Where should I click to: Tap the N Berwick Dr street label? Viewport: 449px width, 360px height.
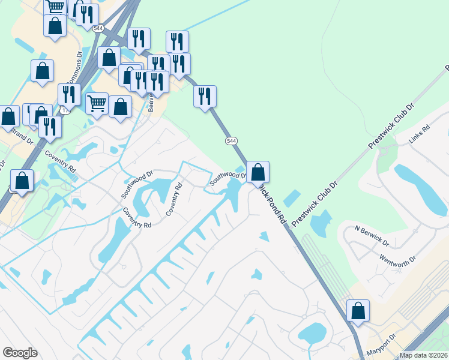(x=372, y=236)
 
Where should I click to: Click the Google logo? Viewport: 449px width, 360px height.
(x=20, y=353)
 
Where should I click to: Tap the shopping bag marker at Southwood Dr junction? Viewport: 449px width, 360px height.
(x=258, y=172)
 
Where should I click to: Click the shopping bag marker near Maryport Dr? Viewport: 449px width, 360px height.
(x=358, y=311)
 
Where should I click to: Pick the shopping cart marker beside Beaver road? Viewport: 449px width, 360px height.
(x=97, y=103)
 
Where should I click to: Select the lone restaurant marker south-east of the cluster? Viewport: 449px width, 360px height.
(x=205, y=96)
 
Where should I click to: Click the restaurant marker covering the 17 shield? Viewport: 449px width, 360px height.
(x=69, y=94)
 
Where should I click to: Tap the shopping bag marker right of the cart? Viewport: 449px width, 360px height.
(x=120, y=107)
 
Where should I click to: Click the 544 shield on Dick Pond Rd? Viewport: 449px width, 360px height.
(x=231, y=140)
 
